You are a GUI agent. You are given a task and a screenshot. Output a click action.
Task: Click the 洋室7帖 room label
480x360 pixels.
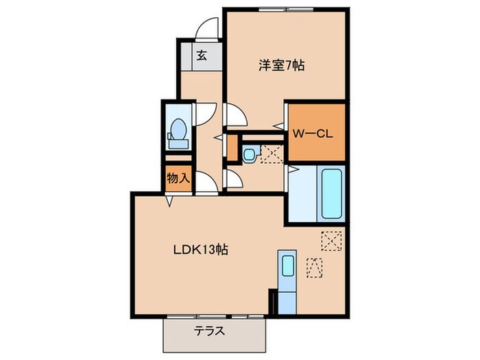tap(281, 66)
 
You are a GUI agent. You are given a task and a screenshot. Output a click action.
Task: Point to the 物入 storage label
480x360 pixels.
tap(178, 179)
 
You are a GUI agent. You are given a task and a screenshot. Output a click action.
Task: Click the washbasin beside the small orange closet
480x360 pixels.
tap(250, 153)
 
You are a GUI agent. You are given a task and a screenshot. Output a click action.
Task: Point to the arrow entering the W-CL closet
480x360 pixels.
tap(278, 126)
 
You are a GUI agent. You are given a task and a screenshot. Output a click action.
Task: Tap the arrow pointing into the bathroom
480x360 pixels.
tap(291, 168)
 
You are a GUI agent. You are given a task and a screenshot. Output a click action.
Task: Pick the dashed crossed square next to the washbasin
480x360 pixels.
tap(272, 154)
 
